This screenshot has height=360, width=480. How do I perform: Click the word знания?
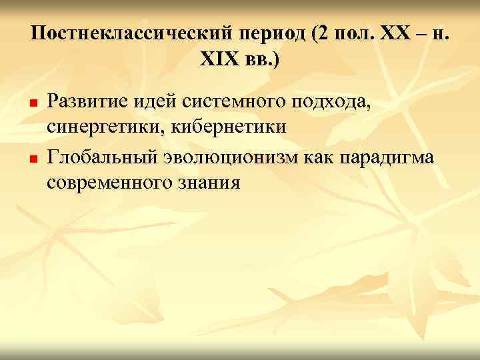[x=208, y=182]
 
